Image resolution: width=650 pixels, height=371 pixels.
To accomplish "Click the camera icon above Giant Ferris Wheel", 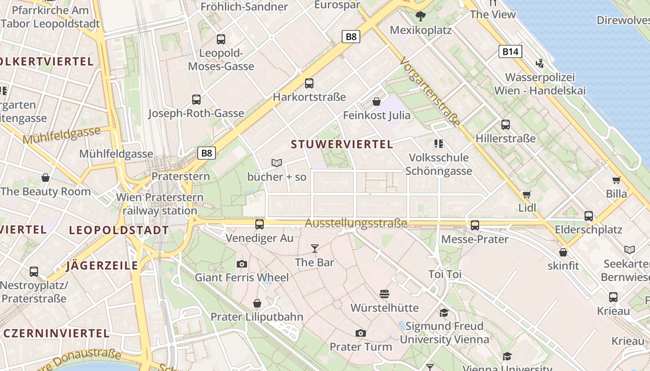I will (241, 264).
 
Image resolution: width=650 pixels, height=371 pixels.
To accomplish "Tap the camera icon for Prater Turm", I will (361, 333).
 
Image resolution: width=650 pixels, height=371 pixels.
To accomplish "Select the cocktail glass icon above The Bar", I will (315, 249).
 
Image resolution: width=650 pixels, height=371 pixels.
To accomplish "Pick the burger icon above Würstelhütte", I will (384, 294).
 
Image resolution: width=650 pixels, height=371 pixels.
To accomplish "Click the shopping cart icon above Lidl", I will (526, 194).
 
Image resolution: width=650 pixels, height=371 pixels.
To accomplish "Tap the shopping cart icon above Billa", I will (616, 180).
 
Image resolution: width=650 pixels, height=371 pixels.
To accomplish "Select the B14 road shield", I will (510, 51).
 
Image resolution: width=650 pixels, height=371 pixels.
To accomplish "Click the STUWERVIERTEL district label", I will (342, 144).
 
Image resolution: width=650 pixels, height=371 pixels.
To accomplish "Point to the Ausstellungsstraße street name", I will (356, 224).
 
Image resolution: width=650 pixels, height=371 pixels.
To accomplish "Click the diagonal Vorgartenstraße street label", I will (430, 92).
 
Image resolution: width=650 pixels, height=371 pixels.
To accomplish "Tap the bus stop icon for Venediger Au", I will (260, 224).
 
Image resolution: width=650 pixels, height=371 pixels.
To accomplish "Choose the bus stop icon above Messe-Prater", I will (474, 225).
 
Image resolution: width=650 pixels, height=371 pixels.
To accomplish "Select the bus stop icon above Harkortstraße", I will (309, 83).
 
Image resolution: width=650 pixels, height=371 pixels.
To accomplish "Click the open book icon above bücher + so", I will (277, 163).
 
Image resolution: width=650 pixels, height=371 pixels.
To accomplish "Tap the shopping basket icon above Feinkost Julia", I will (377, 101).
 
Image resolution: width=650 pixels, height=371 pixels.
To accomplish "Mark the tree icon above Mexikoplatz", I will (421, 16).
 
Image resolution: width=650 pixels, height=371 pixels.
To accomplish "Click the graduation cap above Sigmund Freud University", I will (444, 312).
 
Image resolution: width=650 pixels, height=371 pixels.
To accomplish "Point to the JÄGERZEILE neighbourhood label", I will (102, 266).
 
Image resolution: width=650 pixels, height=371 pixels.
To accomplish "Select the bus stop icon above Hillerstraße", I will (505, 124).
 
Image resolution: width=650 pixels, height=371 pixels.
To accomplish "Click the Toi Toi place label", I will (445, 274).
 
